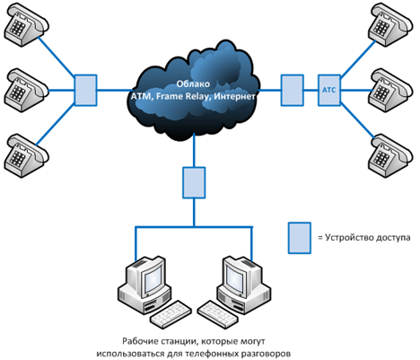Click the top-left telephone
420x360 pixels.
[x=26, y=25]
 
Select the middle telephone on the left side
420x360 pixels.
[x=26, y=91]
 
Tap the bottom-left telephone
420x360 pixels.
[x=26, y=156]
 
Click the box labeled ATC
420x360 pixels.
[x=329, y=90]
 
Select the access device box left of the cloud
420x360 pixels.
[x=85, y=90]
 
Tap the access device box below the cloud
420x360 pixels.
[x=194, y=182]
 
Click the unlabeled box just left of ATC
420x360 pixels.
[x=293, y=90]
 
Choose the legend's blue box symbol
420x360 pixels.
[x=300, y=238]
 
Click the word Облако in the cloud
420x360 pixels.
[x=193, y=84]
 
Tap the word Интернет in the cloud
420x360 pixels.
[x=235, y=97]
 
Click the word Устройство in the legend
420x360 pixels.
[x=349, y=238]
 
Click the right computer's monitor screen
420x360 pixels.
[x=235, y=278]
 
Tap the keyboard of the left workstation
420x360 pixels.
[x=171, y=315]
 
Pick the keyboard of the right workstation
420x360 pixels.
[x=218, y=315]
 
